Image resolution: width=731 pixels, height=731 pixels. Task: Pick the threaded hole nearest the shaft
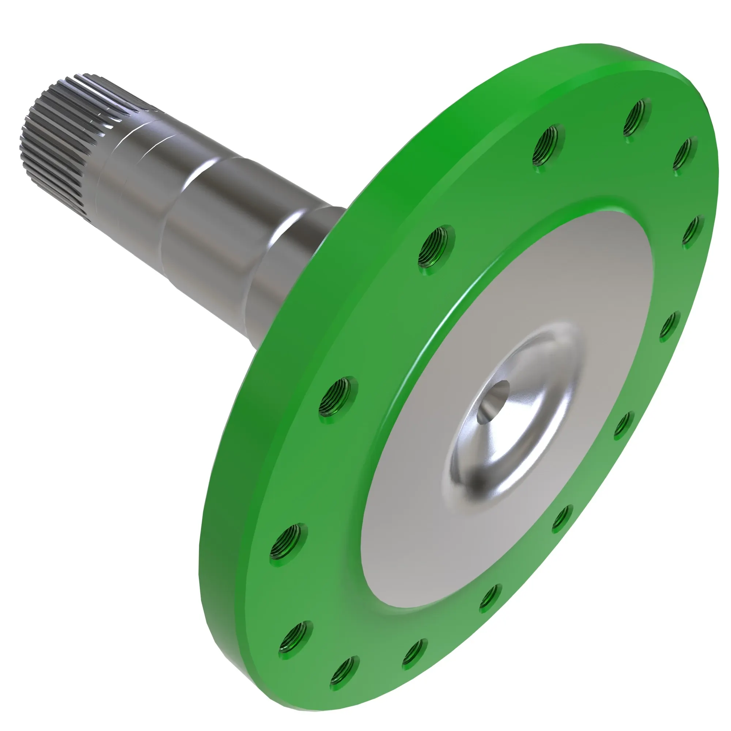pyautogui.click(x=436, y=246)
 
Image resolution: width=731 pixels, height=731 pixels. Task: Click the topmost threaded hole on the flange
pyautogui.click(x=637, y=120)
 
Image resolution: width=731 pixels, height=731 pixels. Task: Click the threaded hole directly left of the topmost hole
pyautogui.click(x=548, y=145)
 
